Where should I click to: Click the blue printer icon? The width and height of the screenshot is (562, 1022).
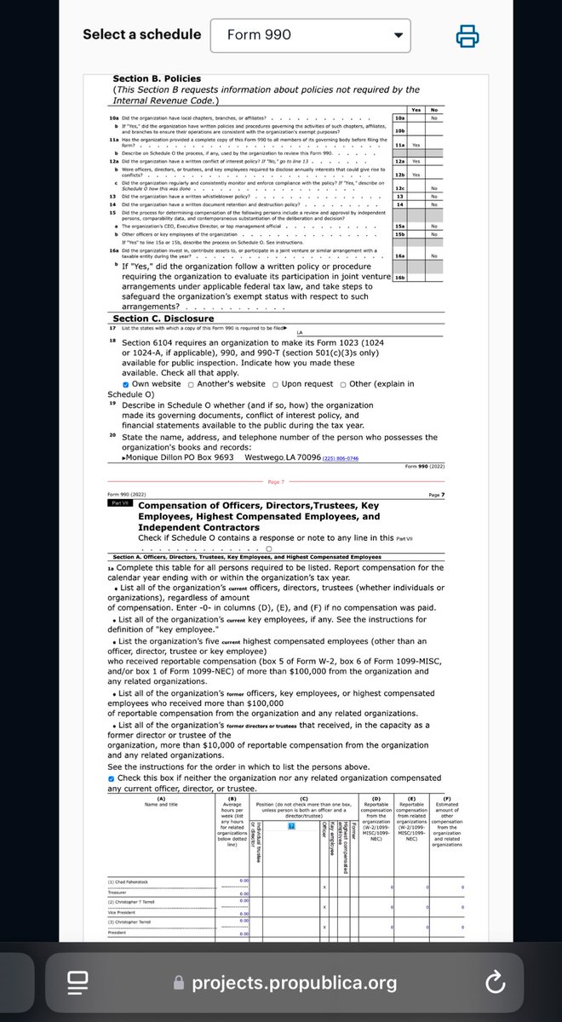coord(467,36)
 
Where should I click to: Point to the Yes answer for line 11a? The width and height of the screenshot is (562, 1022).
coord(417,146)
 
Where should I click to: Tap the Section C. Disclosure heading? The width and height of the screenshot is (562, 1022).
coord(163,319)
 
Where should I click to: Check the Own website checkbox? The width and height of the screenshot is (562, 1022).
coord(114,384)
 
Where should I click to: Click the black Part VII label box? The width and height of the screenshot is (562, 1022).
coord(118,503)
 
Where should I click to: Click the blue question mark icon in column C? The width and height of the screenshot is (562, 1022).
coord(290,828)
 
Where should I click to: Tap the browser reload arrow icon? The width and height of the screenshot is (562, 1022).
coord(495,984)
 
